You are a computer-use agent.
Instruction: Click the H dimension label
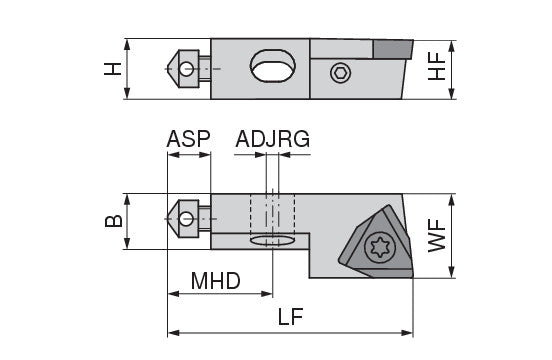[112, 69]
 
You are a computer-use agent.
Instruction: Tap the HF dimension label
[437, 67]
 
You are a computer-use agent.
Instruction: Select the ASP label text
[188, 139]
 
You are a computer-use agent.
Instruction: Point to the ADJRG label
[272, 139]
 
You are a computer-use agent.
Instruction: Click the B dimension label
[114, 221]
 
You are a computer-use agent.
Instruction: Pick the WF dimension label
[437, 235]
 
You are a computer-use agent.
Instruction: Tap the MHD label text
[215, 281]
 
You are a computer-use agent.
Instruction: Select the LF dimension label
[290, 317]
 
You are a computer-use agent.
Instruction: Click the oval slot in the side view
[273, 66]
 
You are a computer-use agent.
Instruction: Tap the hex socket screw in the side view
[341, 73]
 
